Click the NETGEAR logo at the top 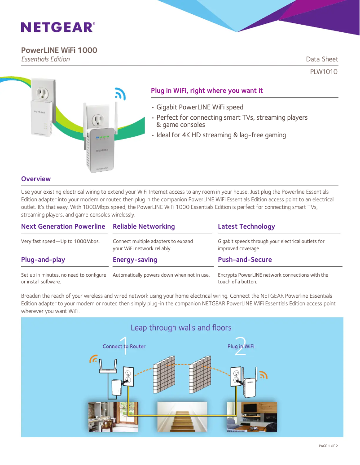pyautogui.click(x=58, y=27)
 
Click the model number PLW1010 pyautogui.click(x=324, y=72)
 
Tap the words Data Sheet pyautogui.click(x=322, y=59)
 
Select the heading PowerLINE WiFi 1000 pyautogui.click(x=59, y=50)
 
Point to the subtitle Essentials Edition pyautogui.click(x=46, y=59)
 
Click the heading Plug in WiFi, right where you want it pyautogui.click(x=207, y=91)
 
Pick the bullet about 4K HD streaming pyautogui.click(x=221, y=135)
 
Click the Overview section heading pyautogui.click(x=36, y=179)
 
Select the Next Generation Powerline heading pyautogui.click(x=63, y=226)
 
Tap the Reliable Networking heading pyautogui.click(x=144, y=226)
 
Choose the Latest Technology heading pyautogui.click(x=246, y=226)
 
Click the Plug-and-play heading pyautogui.click(x=43, y=260)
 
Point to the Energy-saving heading pyautogui.click(x=135, y=260)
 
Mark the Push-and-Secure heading pyautogui.click(x=245, y=260)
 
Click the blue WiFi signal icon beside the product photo pyautogui.click(x=120, y=93)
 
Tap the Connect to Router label pyautogui.click(x=124, y=346)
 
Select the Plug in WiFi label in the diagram pyautogui.click(x=241, y=346)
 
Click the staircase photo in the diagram pyautogui.click(x=182, y=417)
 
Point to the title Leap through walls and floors pyautogui.click(x=181, y=328)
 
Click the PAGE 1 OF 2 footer pyautogui.click(x=328, y=446)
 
